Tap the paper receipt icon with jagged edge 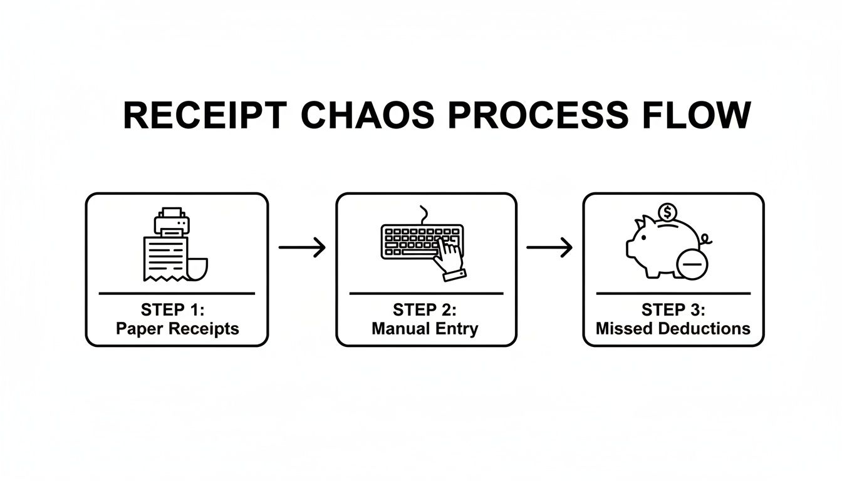point(165,257)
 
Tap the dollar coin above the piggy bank point(668,212)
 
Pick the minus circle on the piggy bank point(692,265)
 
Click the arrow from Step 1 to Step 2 point(302,247)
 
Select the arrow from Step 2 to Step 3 point(549,247)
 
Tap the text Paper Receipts point(177,328)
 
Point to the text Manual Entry point(425,328)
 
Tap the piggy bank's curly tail point(706,239)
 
